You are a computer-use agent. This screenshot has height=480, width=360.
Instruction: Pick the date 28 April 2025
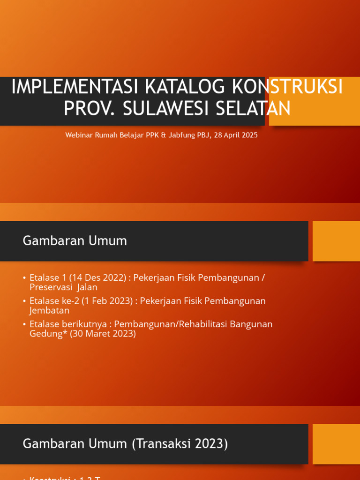click(x=236, y=135)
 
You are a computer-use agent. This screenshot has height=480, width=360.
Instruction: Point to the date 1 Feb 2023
click(x=109, y=301)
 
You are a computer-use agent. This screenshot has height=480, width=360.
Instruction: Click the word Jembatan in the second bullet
click(x=49, y=310)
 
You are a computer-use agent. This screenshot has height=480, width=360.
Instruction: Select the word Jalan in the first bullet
click(x=88, y=287)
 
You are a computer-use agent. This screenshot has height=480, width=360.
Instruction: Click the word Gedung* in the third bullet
click(x=48, y=334)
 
